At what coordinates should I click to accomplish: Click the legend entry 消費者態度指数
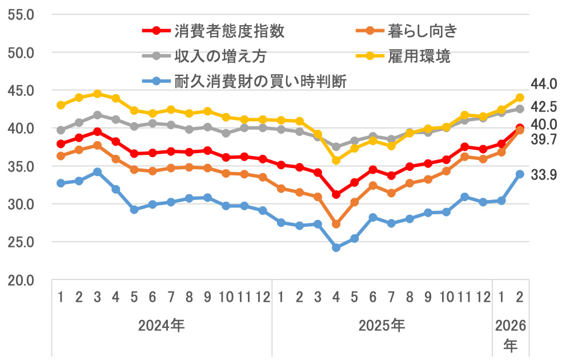point(228,30)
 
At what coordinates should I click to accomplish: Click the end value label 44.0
point(543,84)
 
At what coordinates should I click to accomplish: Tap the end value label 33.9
point(543,175)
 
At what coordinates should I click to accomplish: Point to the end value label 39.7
point(543,139)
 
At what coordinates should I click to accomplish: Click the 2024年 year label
point(162,326)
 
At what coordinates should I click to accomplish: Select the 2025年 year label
point(382,326)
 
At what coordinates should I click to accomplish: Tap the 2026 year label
point(511,326)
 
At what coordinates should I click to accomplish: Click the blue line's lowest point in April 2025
point(336,247)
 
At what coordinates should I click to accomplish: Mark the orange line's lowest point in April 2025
point(336,224)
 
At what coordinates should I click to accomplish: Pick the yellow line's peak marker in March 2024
point(98,94)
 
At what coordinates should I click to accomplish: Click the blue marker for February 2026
point(520,174)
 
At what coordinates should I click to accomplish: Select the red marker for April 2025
point(336,195)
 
